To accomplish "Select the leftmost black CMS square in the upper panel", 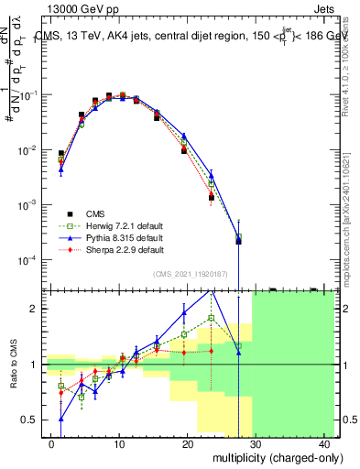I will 60,154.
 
